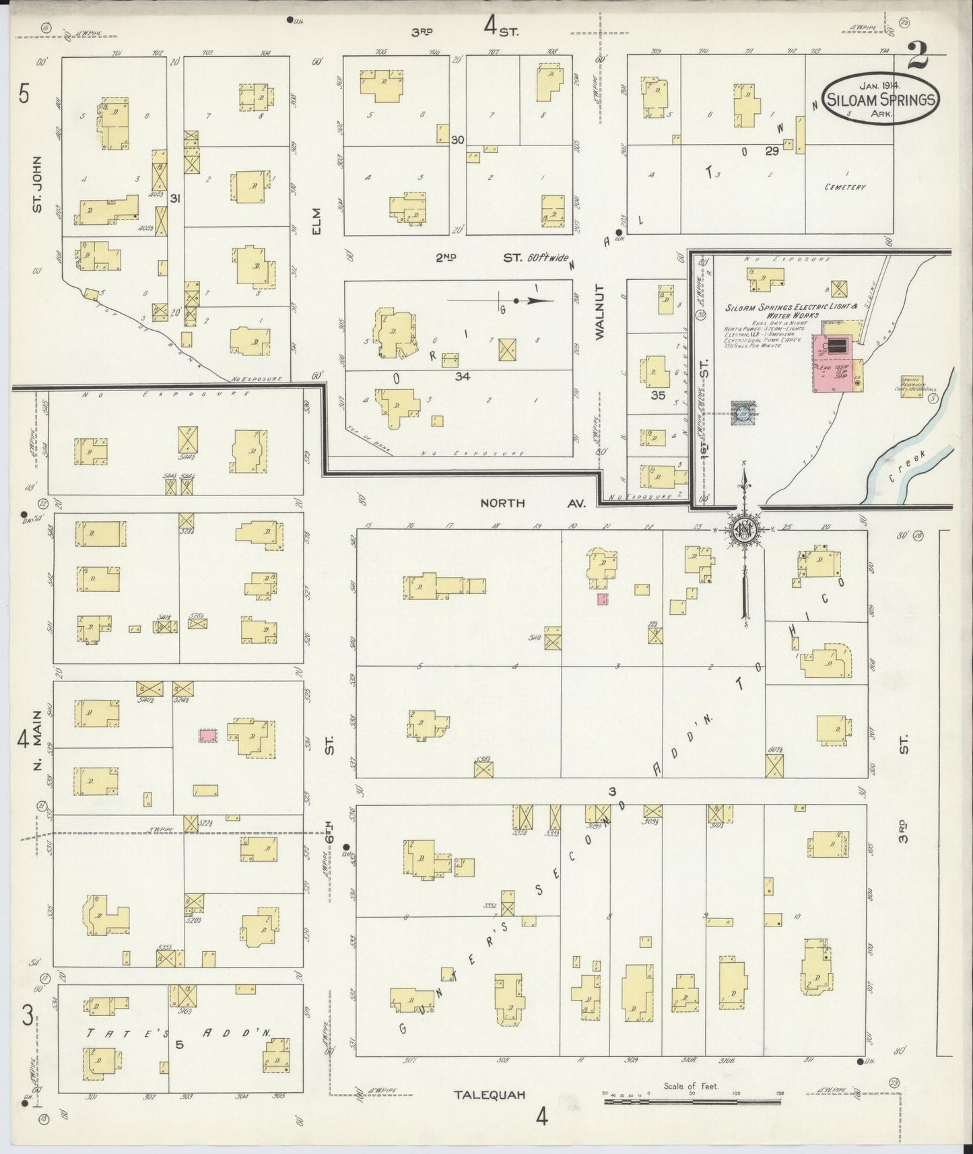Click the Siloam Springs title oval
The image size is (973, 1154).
[881, 100]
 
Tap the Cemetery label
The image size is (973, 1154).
[844, 187]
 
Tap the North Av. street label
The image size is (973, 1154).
[533, 503]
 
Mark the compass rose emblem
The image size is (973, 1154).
[745, 529]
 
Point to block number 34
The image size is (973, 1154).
[461, 376]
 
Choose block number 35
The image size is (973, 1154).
[658, 396]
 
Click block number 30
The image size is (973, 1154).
[458, 140]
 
